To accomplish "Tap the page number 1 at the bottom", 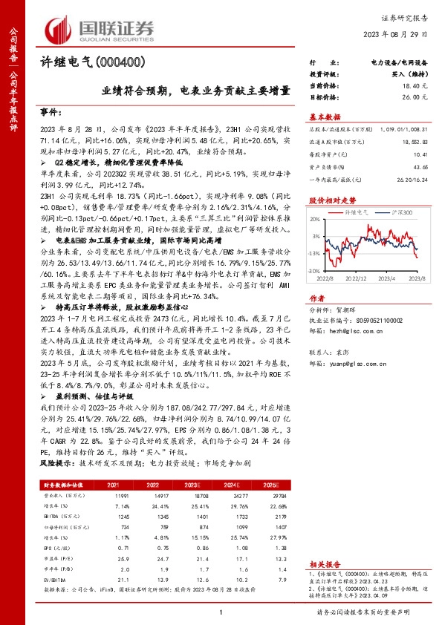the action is point(221,612).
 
